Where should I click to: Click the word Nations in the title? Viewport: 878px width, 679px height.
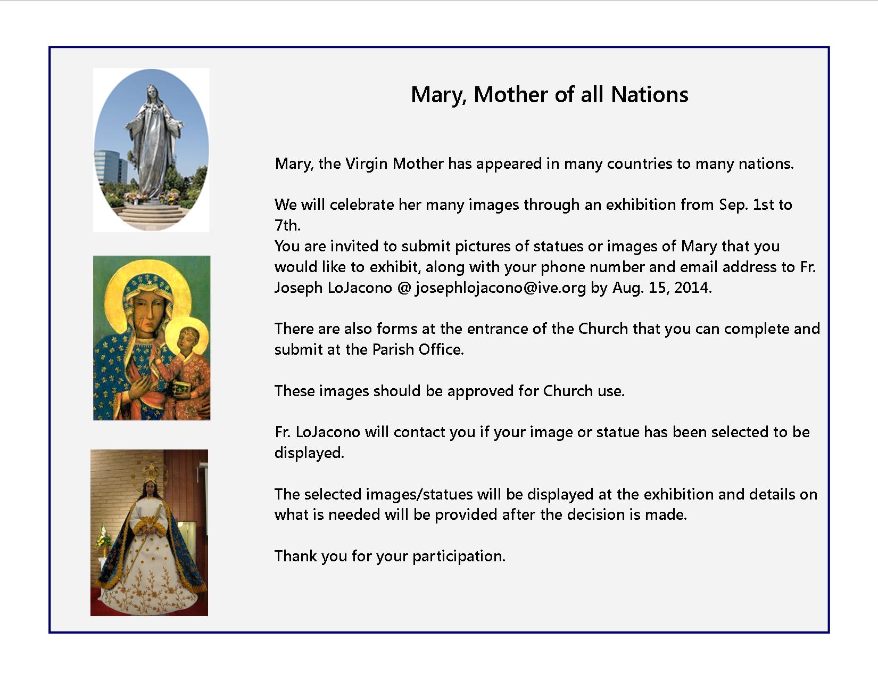click(649, 95)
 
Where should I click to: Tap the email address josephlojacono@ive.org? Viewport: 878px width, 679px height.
click(501, 288)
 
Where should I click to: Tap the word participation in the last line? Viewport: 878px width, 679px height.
click(459, 557)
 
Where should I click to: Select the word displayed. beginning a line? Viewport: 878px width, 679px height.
click(309, 453)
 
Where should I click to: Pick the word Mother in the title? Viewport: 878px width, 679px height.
click(511, 95)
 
